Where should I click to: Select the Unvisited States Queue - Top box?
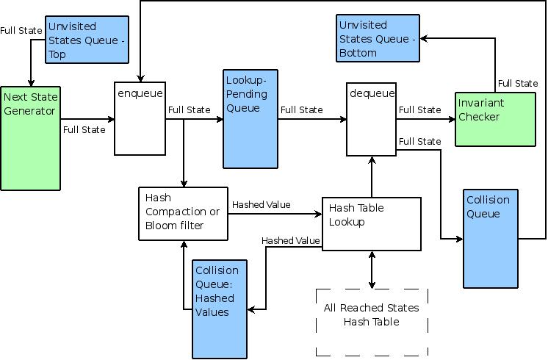tap(87, 39)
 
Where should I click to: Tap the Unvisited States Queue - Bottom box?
tap(378, 38)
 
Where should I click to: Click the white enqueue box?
tap(140, 118)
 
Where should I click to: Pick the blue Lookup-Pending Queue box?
tap(250, 118)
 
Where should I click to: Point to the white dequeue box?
tap(372, 118)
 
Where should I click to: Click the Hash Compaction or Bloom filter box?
tap(182, 213)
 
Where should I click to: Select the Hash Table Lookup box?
tap(372, 223)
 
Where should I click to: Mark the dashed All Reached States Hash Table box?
tap(372, 321)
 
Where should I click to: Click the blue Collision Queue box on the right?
tap(491, 238)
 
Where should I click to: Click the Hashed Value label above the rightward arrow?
tap(261, 205)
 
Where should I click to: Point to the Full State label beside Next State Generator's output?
tap(84, 130)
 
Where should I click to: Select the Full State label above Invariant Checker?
tap(517, 84)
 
